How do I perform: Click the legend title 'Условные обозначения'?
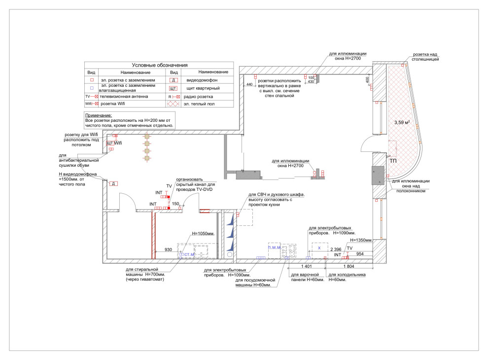coord(159,65)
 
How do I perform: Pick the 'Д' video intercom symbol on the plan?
coord(113,183)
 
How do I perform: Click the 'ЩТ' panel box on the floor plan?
coord(109,143)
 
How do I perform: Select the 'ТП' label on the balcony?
coord(393,161)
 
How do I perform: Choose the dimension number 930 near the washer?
coord(168,250)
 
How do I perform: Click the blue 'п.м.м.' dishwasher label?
coord(274,247)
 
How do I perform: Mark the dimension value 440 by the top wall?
coord(249,85)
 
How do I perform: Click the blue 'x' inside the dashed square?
coord(319,248)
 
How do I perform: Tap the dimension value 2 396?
coord(336,250)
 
